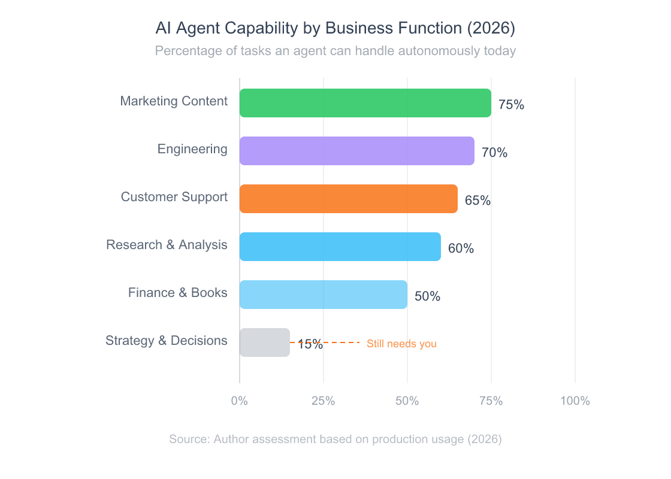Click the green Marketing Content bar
(365, 103)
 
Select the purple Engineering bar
(357, 151)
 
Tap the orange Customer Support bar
(349, 199)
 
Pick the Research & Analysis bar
(340, 247)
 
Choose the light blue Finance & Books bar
(324, 295)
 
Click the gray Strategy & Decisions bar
(265, 342)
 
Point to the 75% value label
(511, 105)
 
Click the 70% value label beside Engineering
(494, 153)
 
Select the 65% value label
(477, 201)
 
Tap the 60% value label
(461, 248)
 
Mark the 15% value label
(310, 344)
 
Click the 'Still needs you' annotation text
(401, 344)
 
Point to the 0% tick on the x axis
(240, 401)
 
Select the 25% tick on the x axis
(324, 401)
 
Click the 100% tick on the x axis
(575, 401)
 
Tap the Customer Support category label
(174, 197)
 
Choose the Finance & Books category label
(178, 293)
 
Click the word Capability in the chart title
(256, 29)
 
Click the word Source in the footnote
(188, 439)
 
